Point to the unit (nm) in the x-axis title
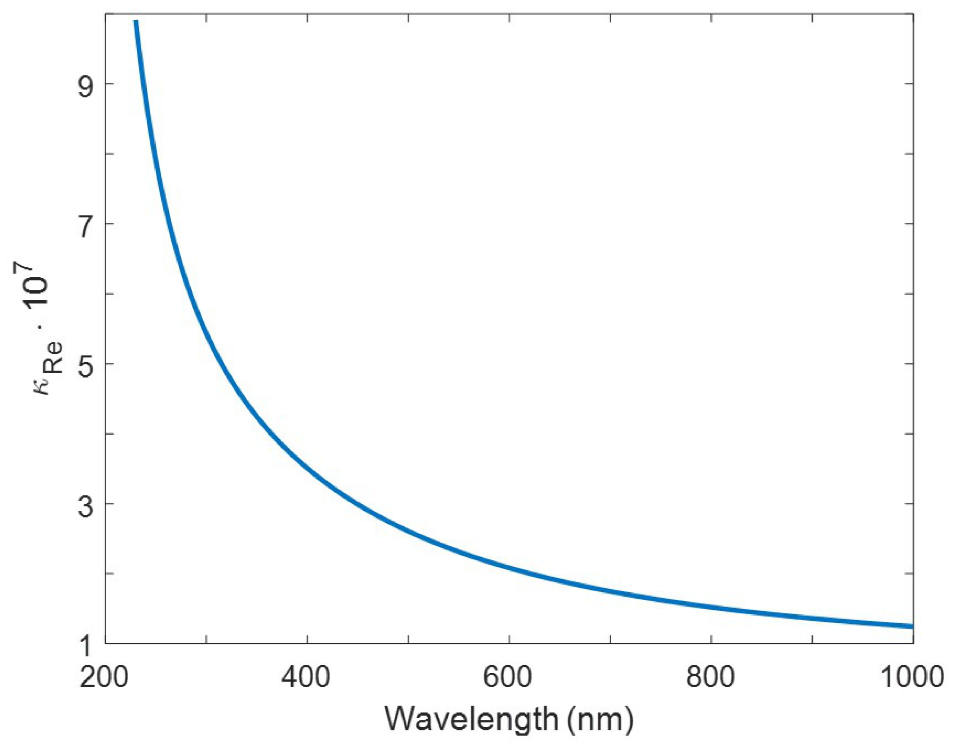pyautogui.click(x=600, y=719)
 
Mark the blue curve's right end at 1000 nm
pyautogui.click(x=911, y=626)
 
